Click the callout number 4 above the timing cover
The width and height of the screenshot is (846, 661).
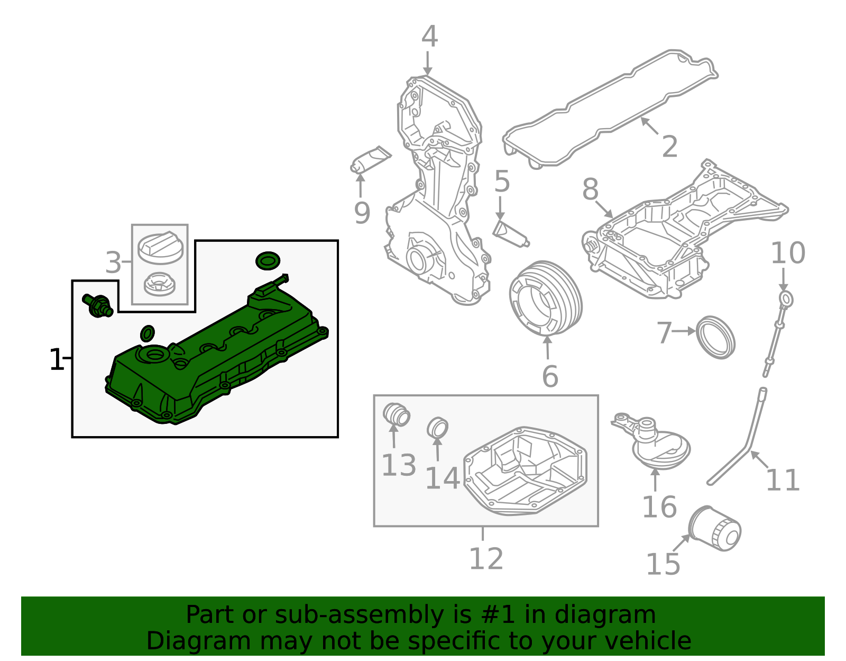(x=429, y=37)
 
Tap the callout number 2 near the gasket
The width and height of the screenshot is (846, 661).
(x=669, y=147)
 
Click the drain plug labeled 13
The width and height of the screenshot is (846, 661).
(x=396, y=414)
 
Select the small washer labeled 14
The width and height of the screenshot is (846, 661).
(x=437, y=428)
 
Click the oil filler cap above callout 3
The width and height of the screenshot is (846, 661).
(x=160, y=248)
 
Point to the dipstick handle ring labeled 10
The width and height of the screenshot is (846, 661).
(x=786, y=299)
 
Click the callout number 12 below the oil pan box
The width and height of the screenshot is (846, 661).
(x=486, y=558)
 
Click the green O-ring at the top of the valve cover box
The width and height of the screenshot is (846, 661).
(x=268, y=260)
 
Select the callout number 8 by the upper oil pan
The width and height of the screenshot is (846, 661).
(x=590, y=189)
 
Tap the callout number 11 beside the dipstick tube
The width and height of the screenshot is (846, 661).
(x=783, y=480)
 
